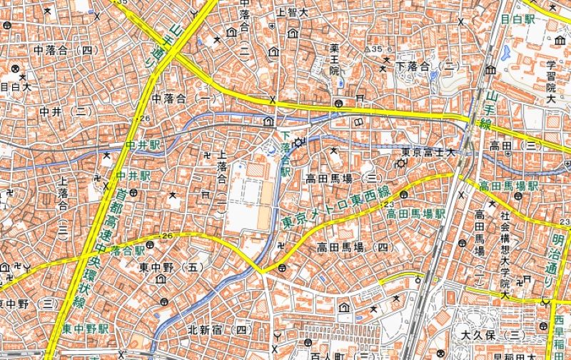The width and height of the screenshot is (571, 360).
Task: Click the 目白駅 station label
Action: tap(517, 19)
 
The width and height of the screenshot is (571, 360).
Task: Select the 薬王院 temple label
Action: tap(333, 60)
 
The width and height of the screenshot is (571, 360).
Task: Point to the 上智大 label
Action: tap(292, 12)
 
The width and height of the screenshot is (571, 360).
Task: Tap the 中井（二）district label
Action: tap(66, 111)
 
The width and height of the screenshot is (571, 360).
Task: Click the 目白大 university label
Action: tap(16, 87)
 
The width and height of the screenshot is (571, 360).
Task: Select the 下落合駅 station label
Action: tap(285, 153)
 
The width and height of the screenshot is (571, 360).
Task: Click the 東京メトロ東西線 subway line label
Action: tap(336, 207)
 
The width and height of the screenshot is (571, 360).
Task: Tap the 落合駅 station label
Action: tap(127, 251)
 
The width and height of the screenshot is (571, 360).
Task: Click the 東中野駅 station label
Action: tap(85, 329)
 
